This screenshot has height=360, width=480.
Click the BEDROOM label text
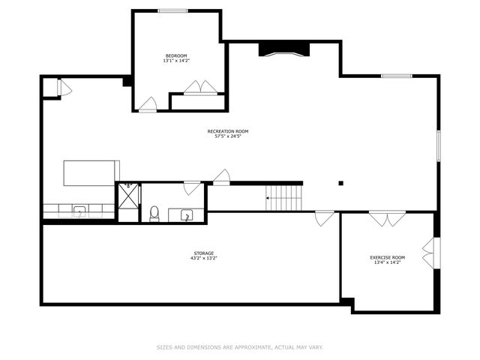[176, 55]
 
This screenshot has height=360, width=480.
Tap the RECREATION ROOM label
[228, 131]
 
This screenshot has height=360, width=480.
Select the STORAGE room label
[203, 253]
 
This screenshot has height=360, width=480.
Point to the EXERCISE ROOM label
[387, 258]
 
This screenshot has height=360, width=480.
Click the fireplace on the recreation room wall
[284, 49]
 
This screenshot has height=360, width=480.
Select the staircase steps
[286, 198]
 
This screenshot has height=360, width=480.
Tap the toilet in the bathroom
[154, 213]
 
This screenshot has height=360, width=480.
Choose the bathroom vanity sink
[186, 216]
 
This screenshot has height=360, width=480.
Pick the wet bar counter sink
[79, 211]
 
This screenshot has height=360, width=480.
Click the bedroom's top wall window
[172, 10]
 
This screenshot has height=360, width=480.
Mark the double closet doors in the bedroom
[201, 87]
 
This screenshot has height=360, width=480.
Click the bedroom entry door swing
[148, 104]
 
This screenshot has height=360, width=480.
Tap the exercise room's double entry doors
[388, 219]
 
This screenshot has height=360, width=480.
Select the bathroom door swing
[192, 187]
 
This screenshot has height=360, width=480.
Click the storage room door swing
[324, 218]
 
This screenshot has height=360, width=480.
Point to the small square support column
[340, 182]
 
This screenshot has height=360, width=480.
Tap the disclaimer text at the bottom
[240, 347]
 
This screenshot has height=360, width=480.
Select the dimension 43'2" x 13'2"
[203, 259]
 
